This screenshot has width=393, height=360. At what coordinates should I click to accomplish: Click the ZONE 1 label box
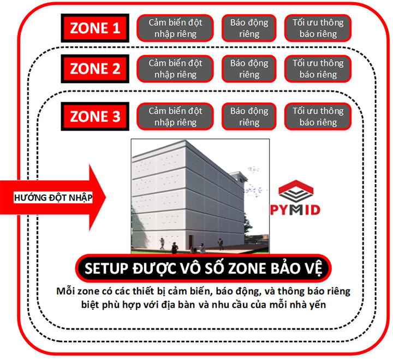[x=95, y=28]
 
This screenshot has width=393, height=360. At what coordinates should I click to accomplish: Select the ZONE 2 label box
[x=95, y=68]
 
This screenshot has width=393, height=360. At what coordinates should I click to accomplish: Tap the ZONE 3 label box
[x=95, y=116]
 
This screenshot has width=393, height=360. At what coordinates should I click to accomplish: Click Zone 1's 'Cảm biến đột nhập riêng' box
[x=175, y=28]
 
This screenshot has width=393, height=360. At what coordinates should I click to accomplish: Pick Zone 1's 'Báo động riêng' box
[x=249, y=28]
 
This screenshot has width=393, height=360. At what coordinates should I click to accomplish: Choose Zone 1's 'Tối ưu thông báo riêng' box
[x=318, y=28]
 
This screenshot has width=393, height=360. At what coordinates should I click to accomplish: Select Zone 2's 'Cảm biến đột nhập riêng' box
[x=175, y=69]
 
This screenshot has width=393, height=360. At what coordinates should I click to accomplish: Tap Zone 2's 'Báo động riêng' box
[x=249, y=69]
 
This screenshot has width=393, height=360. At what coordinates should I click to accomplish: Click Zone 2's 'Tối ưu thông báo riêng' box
[x=318, y=69]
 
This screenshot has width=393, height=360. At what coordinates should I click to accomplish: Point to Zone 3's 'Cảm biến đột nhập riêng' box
[x=175, y=116]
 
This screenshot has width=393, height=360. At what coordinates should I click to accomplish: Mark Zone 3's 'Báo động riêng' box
[x=249, y=116]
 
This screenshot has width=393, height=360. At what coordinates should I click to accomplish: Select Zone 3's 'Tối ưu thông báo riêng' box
[x=318, y=116]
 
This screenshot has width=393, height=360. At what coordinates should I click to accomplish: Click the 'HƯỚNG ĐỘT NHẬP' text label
[x=53, y=198]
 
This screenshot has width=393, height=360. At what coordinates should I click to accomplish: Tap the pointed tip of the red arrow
[x=106, y=197]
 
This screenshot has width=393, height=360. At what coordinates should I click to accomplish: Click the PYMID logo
[x=295, y=198]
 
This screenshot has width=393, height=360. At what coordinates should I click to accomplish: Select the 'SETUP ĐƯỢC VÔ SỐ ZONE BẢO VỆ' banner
[x=203, y=268]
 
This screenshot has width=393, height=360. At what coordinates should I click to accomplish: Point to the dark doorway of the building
[x=191, y=243]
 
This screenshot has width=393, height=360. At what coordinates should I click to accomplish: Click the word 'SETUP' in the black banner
[x=106, y=268]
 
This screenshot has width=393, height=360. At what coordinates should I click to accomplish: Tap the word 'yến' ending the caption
[x=318, y=305]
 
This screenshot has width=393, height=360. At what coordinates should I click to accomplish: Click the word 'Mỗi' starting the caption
[x=64, y=291]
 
